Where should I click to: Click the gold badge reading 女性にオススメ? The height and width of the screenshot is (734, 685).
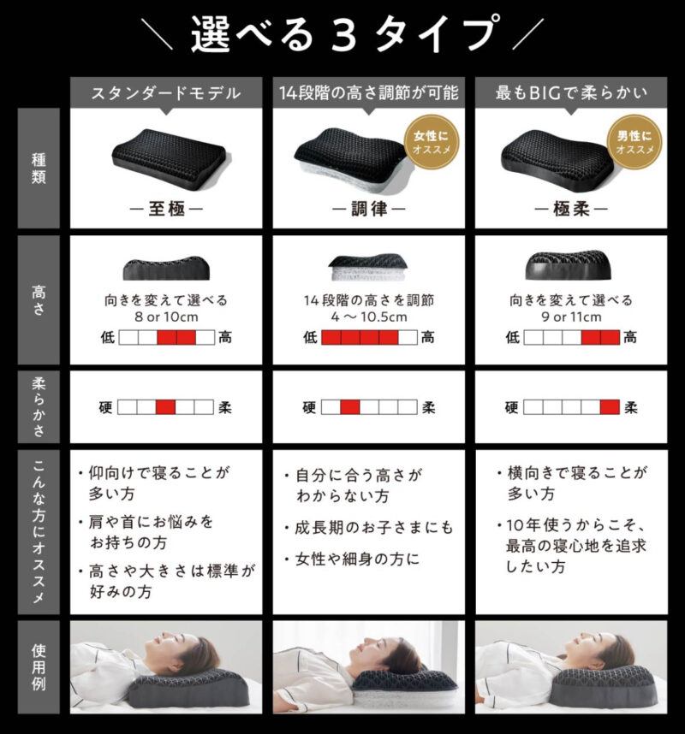[x=432, y=142]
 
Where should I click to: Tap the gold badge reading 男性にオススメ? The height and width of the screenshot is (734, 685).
[x=634, y=142]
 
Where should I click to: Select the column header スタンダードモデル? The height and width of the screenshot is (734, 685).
[x=166, y=93]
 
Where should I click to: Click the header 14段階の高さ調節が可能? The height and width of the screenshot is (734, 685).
[x=369, y=93]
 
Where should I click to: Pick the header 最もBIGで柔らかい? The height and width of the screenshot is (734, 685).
[x=571, y=93]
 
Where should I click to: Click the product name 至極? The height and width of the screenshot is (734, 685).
[x=166, y=209]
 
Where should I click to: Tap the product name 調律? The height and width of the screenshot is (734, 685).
[x=369, y=209]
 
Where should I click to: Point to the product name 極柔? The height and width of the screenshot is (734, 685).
[x=571, y=209]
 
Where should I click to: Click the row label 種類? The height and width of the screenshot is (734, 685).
[x=39, y=169]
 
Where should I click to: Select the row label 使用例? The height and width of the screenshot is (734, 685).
[x=39, y=667]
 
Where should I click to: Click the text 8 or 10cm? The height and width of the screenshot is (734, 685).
[x=166, y=317]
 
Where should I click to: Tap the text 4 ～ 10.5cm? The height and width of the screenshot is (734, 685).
[x=369, y=317]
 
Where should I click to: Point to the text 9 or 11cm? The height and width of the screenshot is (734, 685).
[x=572, y=317]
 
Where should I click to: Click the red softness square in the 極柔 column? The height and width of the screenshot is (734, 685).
[x=610, y=407]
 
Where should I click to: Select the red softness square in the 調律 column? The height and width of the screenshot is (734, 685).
[x=350, y=407]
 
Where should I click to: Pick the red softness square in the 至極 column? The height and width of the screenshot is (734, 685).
[x=165, y=407]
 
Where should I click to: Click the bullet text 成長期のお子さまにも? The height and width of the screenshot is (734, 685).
[x=374, y=528]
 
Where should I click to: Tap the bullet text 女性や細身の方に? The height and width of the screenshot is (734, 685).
[x=357, y=559]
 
